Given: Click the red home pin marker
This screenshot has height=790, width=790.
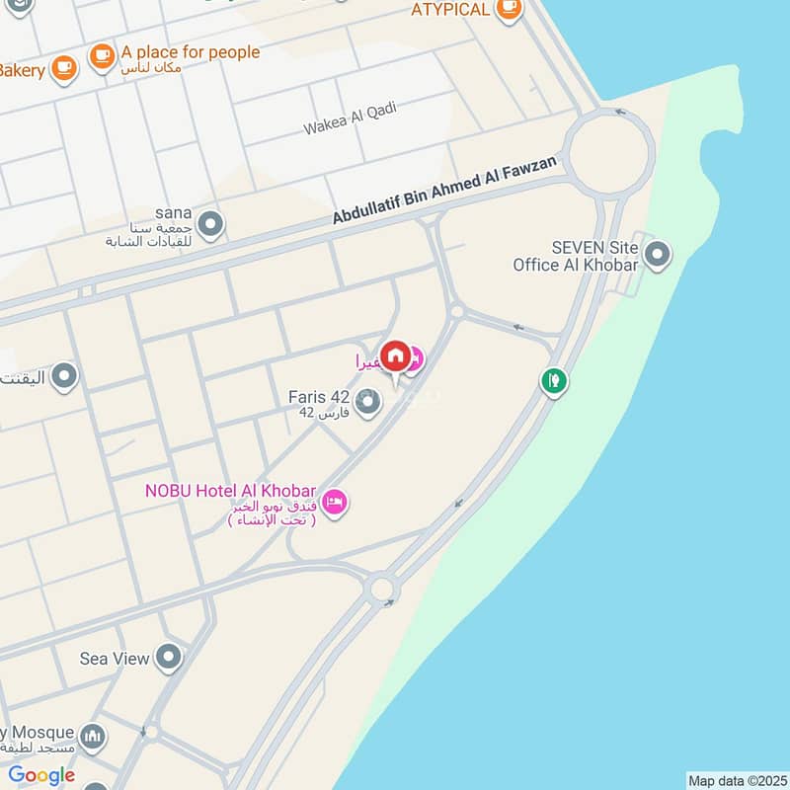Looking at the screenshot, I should pos(395,356).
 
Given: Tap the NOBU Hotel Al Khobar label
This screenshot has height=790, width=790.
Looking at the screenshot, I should pos(230,491).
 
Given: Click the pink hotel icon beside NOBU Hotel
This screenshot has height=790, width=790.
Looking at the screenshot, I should pos(335,503).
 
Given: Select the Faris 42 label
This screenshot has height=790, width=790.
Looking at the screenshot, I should pos(318,397).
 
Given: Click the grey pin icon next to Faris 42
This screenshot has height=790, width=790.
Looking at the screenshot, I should pos(368,402).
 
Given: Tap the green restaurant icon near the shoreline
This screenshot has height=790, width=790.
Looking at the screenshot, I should pos(554,380).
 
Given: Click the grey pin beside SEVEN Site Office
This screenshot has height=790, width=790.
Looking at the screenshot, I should pos(657,257).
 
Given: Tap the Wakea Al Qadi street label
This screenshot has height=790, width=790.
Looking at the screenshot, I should pos(350,118).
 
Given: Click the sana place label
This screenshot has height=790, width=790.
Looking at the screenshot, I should pos(172,212).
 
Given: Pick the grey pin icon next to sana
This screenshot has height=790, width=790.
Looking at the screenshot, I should pos(209,225).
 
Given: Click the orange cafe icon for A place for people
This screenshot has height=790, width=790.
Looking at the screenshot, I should pos(102,57).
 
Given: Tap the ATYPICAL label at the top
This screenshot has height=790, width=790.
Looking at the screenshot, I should pos(450,10).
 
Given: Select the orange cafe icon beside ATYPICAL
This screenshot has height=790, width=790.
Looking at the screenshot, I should pos(509,10).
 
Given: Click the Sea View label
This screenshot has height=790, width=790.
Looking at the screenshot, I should pos(115,658).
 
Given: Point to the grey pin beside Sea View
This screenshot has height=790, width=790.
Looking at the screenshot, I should pos(170,658).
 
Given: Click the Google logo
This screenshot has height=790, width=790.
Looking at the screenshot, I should pos(41,775).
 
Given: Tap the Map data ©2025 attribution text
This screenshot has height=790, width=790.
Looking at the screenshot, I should pos(737,780).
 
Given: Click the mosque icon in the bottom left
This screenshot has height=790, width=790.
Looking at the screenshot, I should pos(93,737).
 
